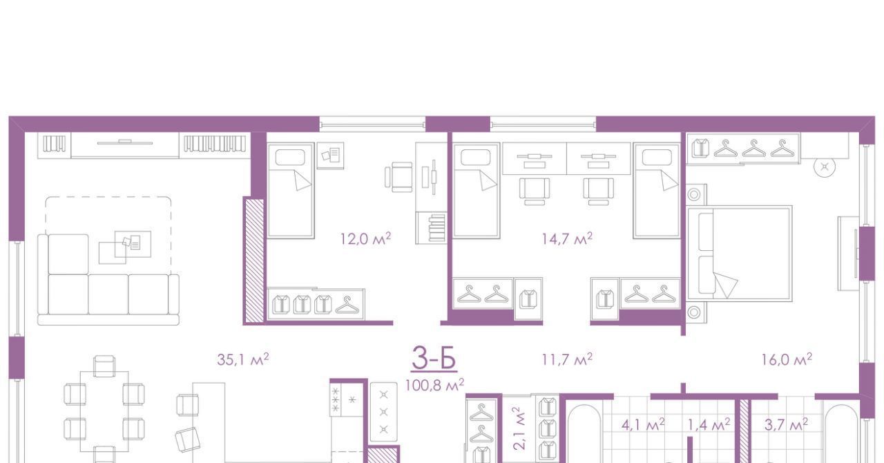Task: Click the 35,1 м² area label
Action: point(243,359)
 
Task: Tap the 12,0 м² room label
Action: point(366,238)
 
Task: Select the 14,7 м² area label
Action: point(567,238)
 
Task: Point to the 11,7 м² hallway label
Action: point(567,359)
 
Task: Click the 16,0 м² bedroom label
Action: point(787,359)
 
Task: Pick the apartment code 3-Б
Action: point(434,358)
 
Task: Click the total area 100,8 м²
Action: point(434,385)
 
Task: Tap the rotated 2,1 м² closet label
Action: point(520,428)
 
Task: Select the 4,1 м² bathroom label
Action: point(643,425)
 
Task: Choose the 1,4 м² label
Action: point(709,425)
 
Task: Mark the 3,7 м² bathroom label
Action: point(786,425)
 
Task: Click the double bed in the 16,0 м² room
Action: point(740,254)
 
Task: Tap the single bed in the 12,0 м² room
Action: point(291,191)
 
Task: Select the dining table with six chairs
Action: point(104,411)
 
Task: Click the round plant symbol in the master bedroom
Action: point(825,167)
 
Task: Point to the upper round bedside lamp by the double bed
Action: point(694,194)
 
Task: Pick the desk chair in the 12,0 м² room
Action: point(399,177)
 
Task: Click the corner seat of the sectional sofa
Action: point(68,254)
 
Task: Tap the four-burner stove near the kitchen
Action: point(347,400)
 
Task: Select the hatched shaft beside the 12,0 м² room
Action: point(255,261)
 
